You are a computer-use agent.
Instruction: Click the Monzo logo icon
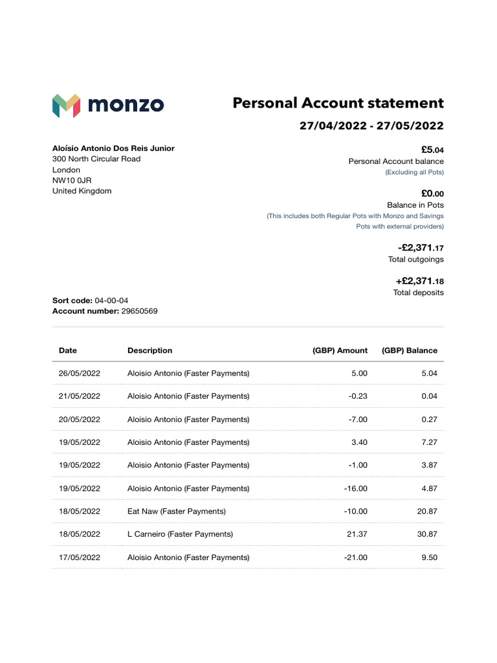click(66, 105)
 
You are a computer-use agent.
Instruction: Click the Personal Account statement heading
click(338, 103)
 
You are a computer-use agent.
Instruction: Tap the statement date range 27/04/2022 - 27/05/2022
click(371, 126)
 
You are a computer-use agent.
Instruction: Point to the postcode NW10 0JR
click(72, 180)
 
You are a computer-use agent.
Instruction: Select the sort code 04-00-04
click(111, 300)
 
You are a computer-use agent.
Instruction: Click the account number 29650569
click(139, 311)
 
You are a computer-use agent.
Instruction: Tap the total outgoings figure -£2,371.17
click(421, 248)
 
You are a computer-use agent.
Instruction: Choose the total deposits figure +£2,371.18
click(419, 281)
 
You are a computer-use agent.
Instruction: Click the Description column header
click(149, 350)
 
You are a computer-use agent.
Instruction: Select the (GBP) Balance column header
click(409, 350)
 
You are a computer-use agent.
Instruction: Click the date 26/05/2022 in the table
click(80, 374)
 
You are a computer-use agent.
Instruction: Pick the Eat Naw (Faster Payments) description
click(177, 511)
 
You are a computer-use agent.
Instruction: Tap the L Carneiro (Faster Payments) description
click(180, 534)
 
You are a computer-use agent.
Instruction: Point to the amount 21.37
click(357, 534)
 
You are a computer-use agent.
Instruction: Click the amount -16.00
click(355, 488)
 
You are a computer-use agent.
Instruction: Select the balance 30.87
click(427, 534)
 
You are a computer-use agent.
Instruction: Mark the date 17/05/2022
click(80, 557)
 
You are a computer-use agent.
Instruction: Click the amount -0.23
click(357, 396)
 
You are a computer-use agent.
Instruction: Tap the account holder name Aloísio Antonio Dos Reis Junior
click(113, 148)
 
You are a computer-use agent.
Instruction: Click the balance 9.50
click(429, 557)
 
